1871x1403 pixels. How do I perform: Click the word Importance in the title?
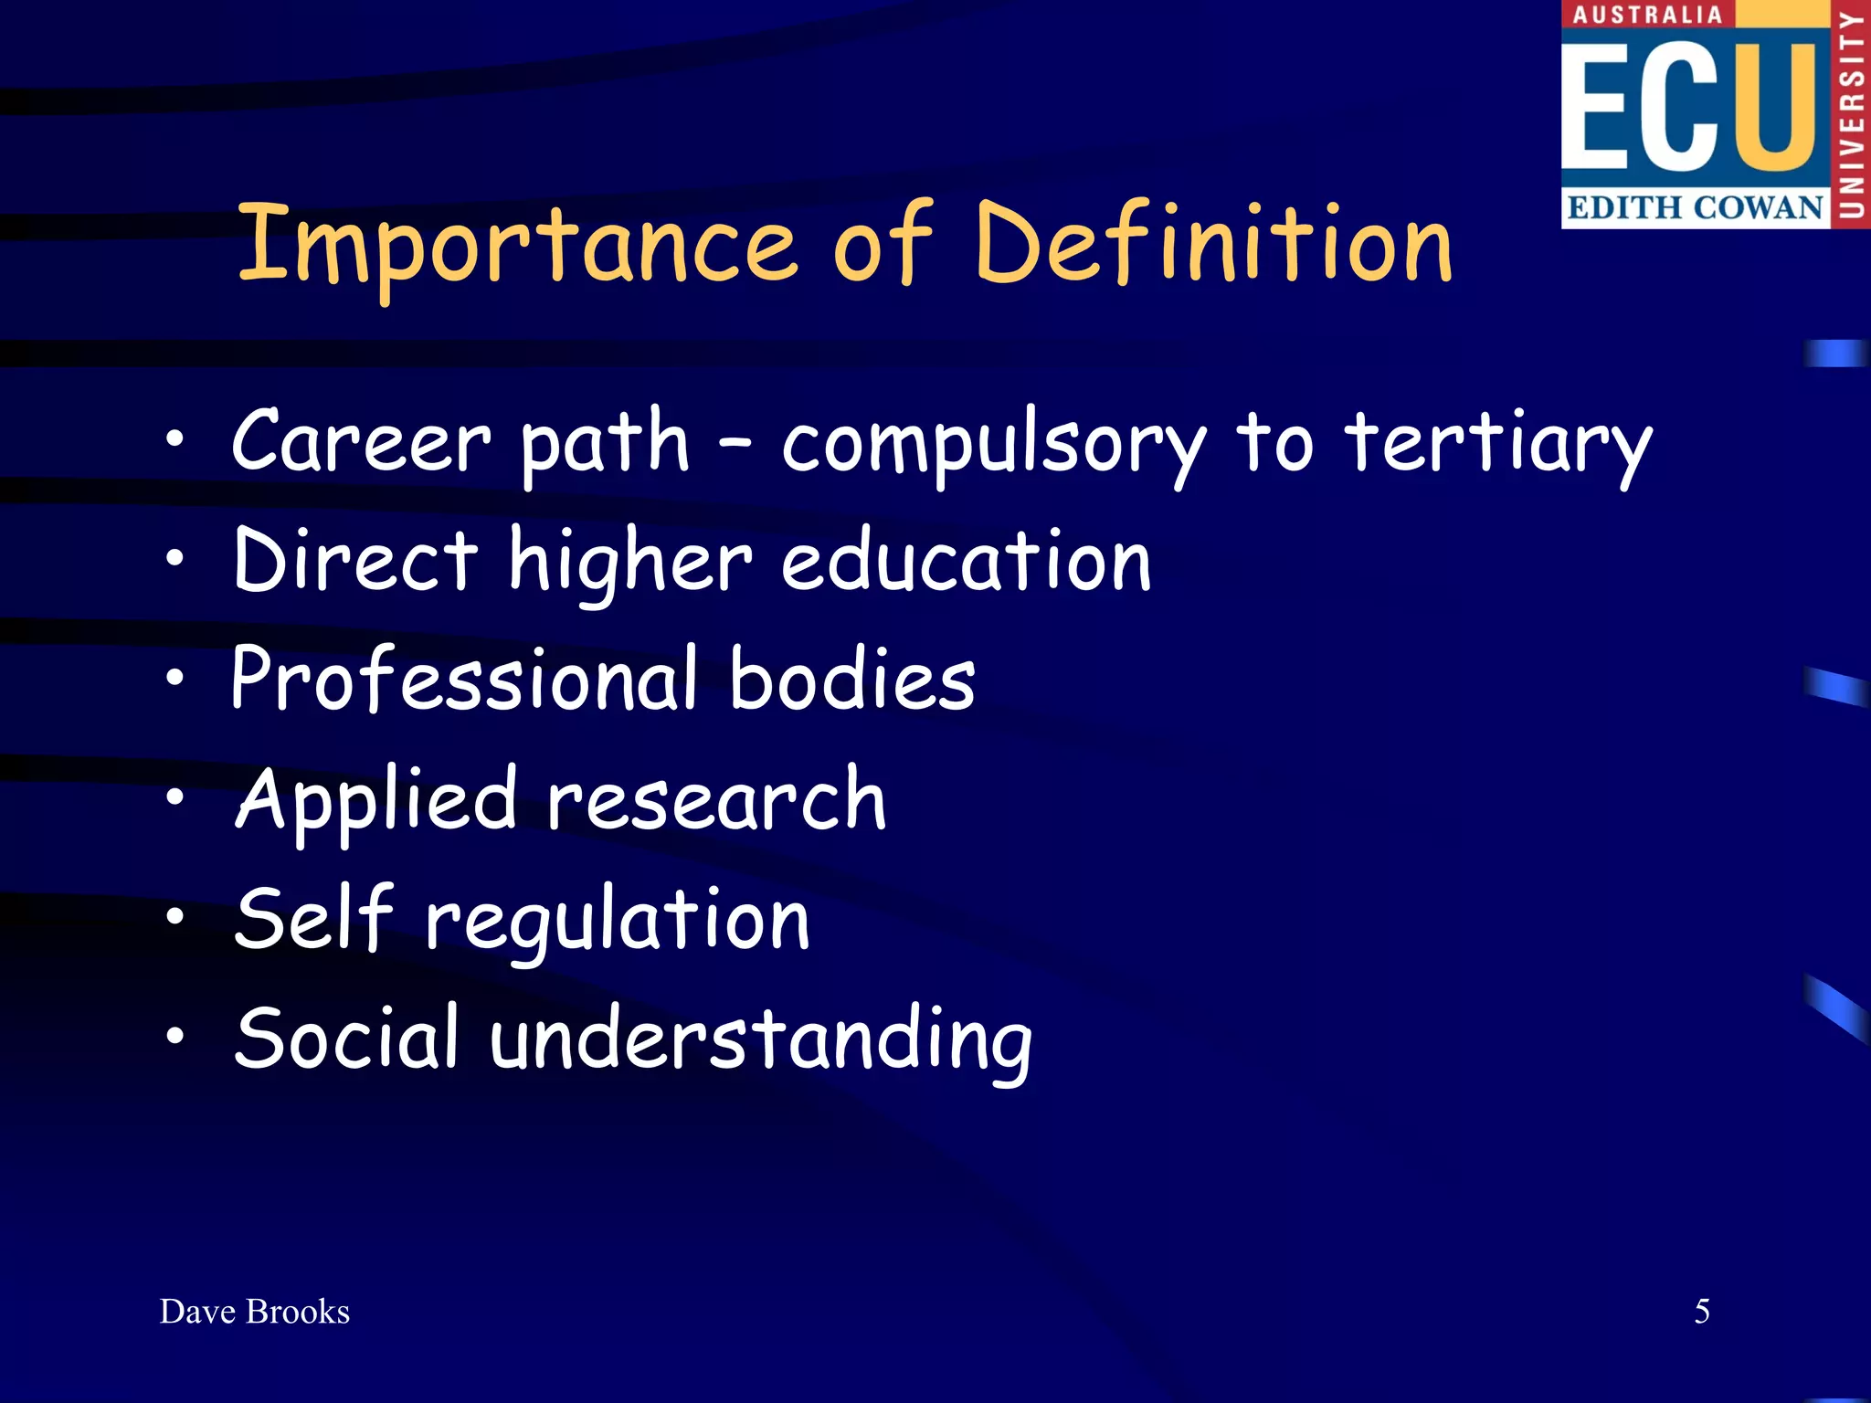tap(517, 245)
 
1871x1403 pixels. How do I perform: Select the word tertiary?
tap(1498, 444)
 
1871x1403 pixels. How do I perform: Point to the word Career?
tap(362, 442)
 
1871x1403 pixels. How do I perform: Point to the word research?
tap(716, 800)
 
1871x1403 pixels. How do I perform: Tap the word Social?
tap(346, 1038)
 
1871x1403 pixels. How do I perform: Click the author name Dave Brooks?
tap(255, 1312)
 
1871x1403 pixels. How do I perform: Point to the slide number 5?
tap(1702, 1312)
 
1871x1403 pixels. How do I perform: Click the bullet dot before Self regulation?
tap(174, 915)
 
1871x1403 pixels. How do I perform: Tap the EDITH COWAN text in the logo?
tap(1696, 207)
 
